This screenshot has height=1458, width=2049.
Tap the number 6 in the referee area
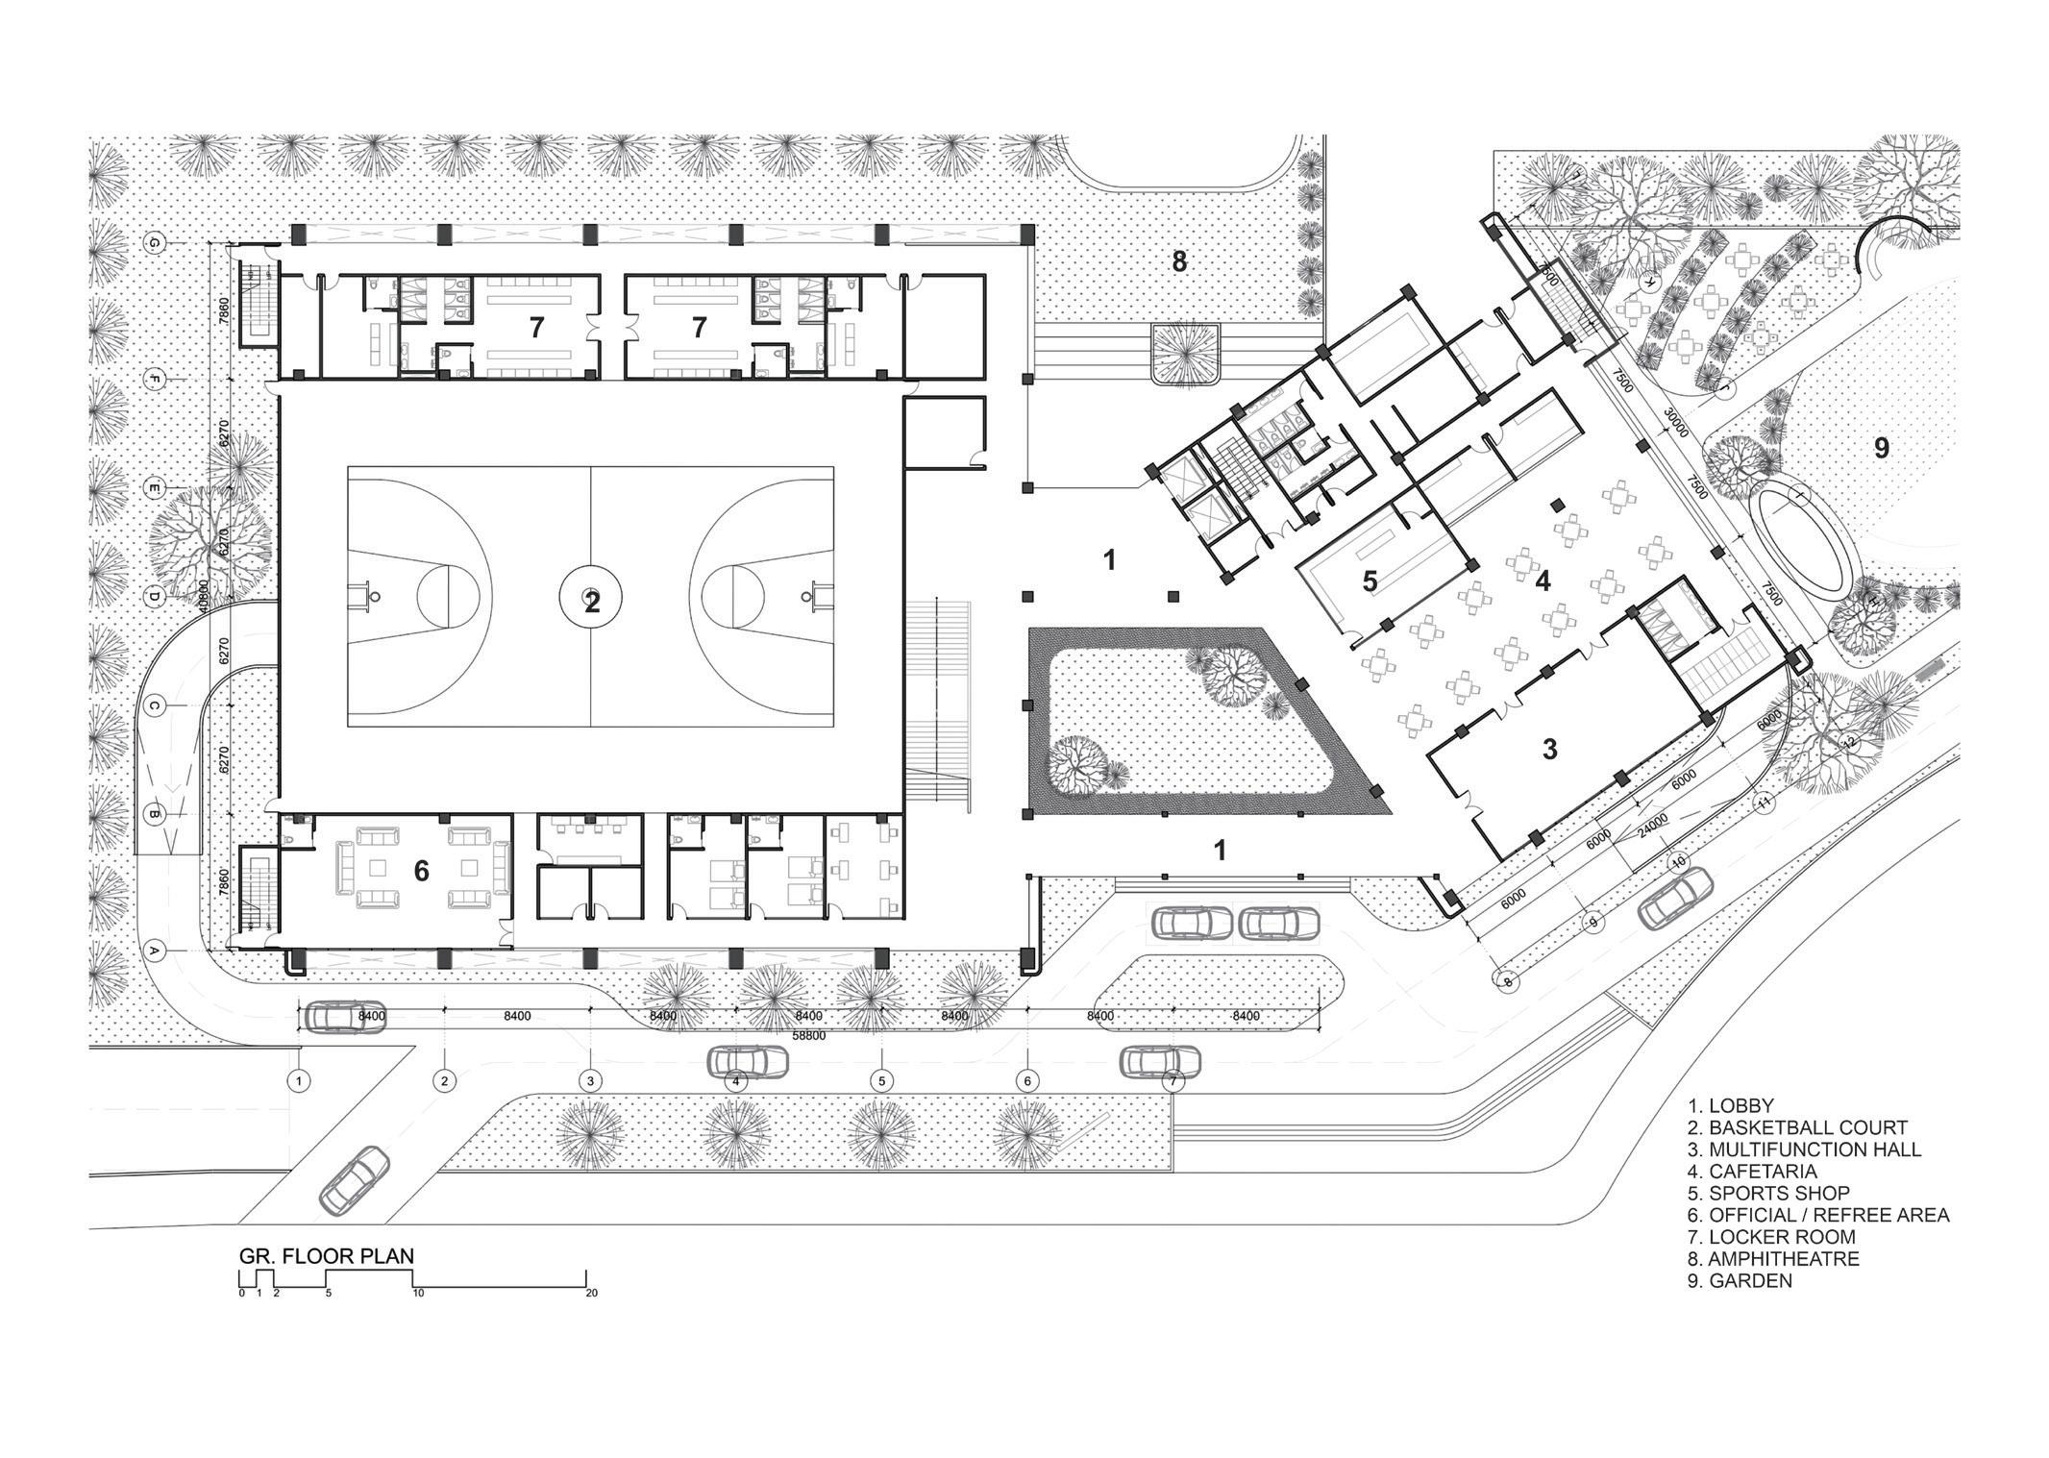[421, 871]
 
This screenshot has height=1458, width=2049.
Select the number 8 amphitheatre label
[1179, 261]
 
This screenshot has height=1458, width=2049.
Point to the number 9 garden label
[1881, 448]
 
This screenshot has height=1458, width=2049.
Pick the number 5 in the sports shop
[1370, 581]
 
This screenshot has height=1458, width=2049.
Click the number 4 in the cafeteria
[1543, 581]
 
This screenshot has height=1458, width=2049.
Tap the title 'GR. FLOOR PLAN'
[327, 1255]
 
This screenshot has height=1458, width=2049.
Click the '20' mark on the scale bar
[591, 1293]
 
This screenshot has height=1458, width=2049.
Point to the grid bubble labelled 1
[300, 1081]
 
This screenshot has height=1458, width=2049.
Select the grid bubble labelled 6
[1027, 1081]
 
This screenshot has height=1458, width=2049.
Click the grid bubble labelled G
[153, 244]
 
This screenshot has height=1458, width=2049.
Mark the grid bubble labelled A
[153, 951]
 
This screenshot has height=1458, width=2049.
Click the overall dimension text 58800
[807, 1036]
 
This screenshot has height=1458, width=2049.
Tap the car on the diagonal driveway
[355, 1178]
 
